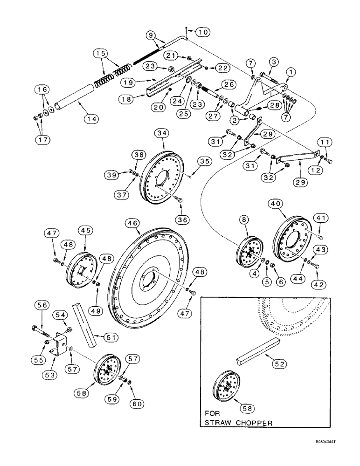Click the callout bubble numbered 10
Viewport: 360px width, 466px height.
[x=203, y=32]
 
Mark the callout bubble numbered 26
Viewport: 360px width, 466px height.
[x=228, y=84]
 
